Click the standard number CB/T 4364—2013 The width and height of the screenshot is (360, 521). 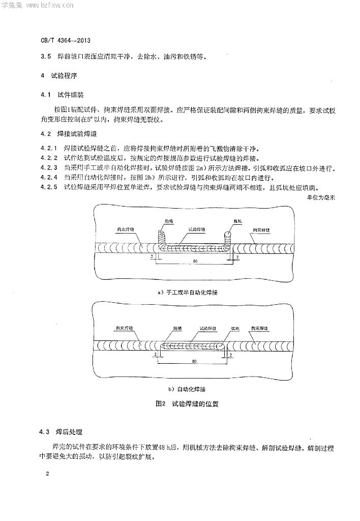click(66, 39)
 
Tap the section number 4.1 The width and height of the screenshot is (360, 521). click(46, 95)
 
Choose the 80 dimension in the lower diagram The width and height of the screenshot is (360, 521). click(195, 361)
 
